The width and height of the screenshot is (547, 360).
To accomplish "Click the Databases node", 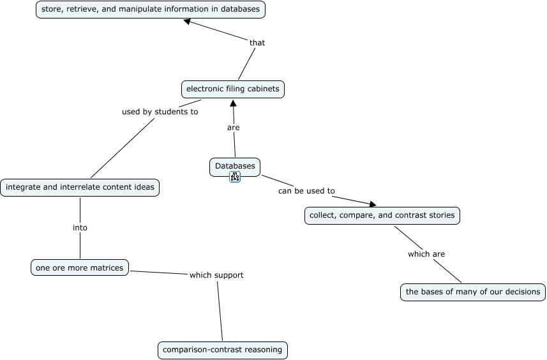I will tap(234, 167).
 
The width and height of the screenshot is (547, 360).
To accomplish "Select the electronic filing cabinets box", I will tap(232, 89).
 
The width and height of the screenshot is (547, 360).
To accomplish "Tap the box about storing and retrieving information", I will tap(150, 10).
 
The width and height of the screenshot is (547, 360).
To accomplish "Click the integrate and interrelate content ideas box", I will tap(80, 188).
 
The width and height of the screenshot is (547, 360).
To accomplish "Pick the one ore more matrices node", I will tap(79, 268).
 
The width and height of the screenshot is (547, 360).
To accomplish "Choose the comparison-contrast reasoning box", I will tap(223, 350).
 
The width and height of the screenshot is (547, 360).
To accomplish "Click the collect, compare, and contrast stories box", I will tap(382, 216).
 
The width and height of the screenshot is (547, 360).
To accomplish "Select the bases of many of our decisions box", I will tap(473, 292).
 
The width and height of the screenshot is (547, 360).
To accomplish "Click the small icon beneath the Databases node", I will tap(235, 177).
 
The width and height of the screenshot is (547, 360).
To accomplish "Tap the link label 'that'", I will tap(257, 43).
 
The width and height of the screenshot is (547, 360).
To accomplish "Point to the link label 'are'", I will tap(234, 128).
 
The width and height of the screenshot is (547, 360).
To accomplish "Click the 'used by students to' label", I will tap(160, 112).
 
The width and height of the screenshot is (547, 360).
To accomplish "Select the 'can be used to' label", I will tap(306, 191).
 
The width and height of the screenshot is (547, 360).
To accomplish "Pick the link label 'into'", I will tap(80, 228).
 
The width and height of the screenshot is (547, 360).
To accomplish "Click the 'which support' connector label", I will tap(216, 275).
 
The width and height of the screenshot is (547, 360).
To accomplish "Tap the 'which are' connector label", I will tap(426, 254).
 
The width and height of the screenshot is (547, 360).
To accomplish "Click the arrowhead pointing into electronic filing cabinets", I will tap(233, 103).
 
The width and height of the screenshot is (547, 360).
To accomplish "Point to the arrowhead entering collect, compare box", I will tap(372, 204).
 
